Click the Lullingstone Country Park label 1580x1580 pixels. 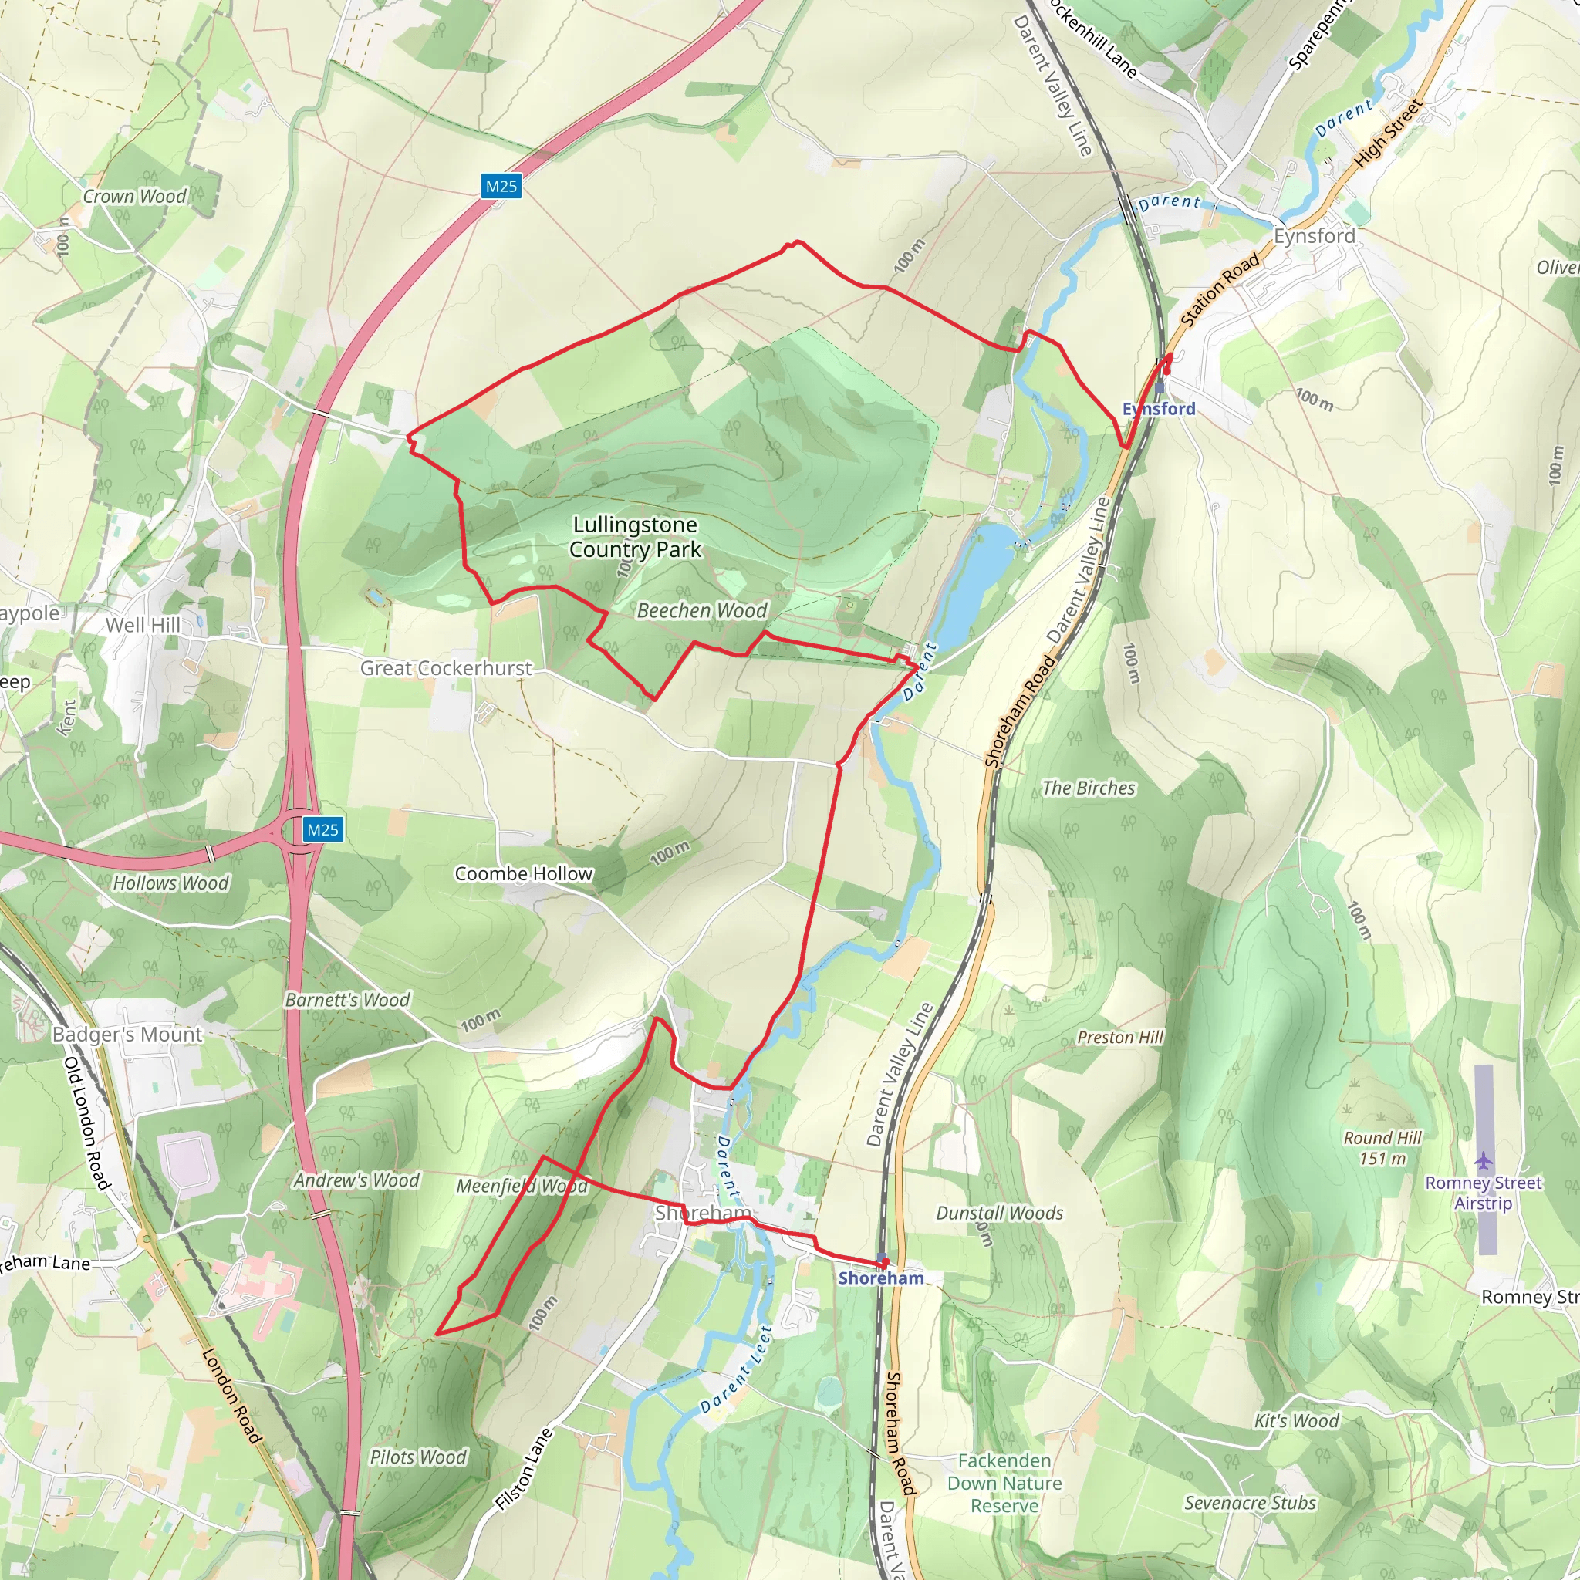click(635, 536)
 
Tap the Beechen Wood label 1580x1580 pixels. click(702, 611)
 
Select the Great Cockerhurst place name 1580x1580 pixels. click(446, 668)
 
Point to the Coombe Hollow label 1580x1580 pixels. click(523, 873)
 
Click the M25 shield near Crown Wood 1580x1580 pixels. click(501, 187)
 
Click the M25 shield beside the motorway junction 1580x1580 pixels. click(322, 830)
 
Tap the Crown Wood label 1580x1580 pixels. click(135, 196)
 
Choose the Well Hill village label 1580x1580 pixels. click(143, 625)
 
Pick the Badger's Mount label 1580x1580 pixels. click(127, 1035)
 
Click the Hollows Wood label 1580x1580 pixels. click(171, 883)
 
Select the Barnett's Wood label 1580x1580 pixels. click(348, 1000)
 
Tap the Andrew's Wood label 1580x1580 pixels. click(356, 1181)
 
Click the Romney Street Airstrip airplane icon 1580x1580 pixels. click(1484, 1160)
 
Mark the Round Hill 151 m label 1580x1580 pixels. click(1382, 1148)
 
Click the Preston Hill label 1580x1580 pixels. click(1119, 1038)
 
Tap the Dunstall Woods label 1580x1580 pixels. click(999, 1214)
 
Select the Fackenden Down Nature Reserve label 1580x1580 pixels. click(1004, 1483)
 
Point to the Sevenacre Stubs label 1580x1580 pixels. click(1250, 1503)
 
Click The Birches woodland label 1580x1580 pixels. click(1089, 788)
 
